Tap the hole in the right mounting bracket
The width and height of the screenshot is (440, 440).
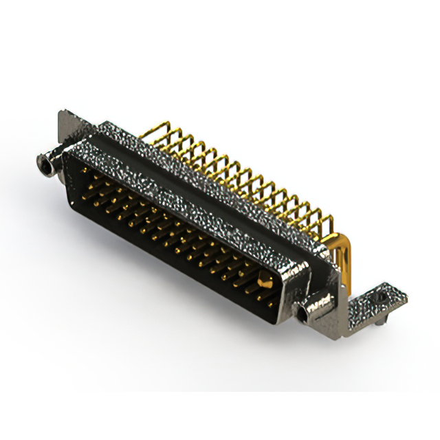point(381,296)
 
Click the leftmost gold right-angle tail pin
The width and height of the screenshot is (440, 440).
point(157,131)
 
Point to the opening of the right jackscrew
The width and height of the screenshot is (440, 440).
point(303,314)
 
